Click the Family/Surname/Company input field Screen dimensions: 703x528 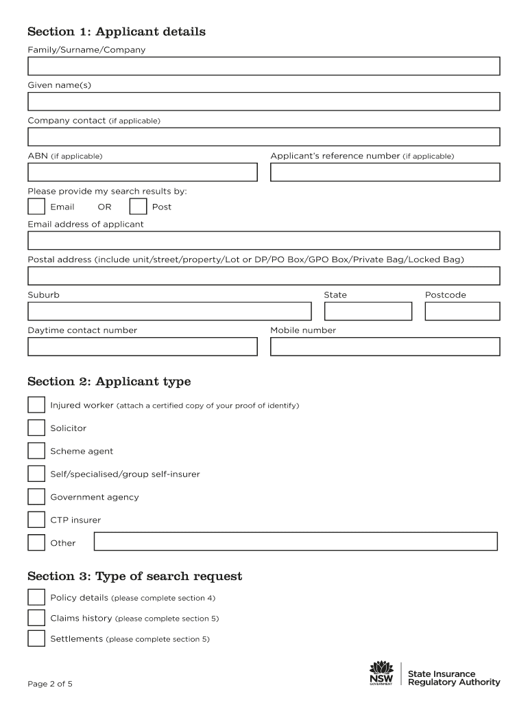coord(263,66)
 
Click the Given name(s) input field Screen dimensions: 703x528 coord(263,102)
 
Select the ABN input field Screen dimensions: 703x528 coord(142,172)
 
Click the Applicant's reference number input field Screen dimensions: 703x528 coord(385,172)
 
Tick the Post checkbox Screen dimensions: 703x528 coord(138,207)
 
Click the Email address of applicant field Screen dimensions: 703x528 coord(263,240)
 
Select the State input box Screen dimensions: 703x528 coord(368,311)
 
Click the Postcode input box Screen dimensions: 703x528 coord(462,311)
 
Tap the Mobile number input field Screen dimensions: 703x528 coord(385,347)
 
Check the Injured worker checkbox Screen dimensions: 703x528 coord(36,405)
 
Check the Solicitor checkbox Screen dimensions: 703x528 coord(36,428)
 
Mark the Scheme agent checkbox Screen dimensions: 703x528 coord(36,451)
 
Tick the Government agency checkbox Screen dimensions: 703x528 coord(36,497)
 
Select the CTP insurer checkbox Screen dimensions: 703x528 coord(36,520)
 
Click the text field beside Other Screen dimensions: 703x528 coord(295,542)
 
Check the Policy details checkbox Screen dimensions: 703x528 coord(36,597)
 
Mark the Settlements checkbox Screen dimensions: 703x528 coord(36,638)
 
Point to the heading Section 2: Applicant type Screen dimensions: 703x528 coord(109,382)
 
